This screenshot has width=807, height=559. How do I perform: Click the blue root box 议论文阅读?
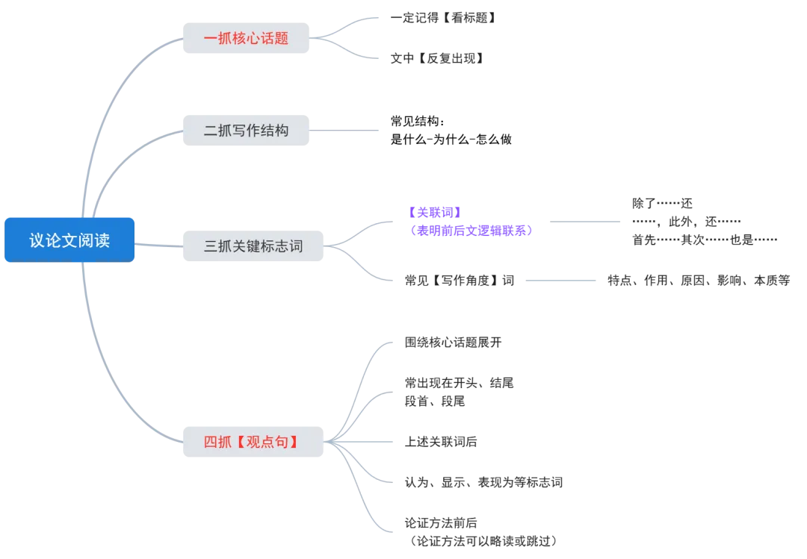(x=69, y=240)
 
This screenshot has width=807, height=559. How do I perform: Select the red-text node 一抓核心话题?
(x=245, y=37)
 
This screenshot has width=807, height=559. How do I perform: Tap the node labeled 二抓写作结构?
(x=245, y=130)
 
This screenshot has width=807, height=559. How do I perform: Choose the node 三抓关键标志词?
(x=253, y=245)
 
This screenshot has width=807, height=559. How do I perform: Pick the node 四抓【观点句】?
(x=252, y=441)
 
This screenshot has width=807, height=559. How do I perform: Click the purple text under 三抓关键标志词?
(x=469, y=222)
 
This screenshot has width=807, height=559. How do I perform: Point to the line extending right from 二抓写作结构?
(x=346, y=129)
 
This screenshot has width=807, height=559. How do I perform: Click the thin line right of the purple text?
(x=586, y=223)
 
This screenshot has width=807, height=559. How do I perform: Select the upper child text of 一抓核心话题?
(x=441, y=16)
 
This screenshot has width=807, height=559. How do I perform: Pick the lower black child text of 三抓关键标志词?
(x=456, y=280)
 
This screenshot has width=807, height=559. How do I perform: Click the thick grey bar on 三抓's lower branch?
(x=558, y=281)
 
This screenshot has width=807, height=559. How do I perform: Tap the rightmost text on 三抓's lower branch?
(x=699, y=280)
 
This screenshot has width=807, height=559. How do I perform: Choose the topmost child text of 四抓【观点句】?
(x=451, y=343)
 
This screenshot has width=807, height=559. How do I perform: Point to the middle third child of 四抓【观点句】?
(x=439, y=441)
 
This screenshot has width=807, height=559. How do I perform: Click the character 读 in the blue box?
(x=101, y=240)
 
